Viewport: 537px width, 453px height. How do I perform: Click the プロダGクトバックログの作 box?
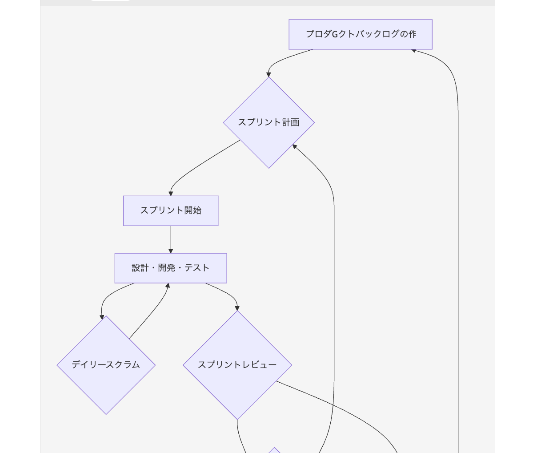tap(361, 34)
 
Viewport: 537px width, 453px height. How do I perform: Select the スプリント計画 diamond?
tap(269, 122)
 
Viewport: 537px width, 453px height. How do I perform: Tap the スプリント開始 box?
tap(171, 210)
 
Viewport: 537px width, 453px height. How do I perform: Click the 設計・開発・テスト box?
tap(171, 268)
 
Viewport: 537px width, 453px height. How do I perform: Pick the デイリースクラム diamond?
tap(106, 365)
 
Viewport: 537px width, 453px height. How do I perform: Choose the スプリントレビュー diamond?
tap(237, 365)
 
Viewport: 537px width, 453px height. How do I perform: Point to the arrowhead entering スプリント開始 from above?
tap(171, 194)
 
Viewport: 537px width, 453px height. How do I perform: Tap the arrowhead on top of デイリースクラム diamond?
tap(102, 317)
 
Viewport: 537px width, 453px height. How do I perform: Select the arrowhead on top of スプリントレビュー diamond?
tap(237, 308)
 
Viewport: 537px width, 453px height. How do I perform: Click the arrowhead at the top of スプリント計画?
tap(268, 74)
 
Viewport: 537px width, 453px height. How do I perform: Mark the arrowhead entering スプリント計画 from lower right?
tap(295, 146)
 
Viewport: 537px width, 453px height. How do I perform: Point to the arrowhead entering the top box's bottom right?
tap(413, 50)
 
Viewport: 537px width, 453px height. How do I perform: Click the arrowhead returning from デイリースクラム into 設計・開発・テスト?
tap(168, 286)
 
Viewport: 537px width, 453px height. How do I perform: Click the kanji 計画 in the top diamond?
tap(291, 122)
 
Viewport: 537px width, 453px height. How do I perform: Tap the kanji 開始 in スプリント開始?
tap(193, 210)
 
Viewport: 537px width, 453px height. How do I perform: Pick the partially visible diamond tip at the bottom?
tap(275, 450)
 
